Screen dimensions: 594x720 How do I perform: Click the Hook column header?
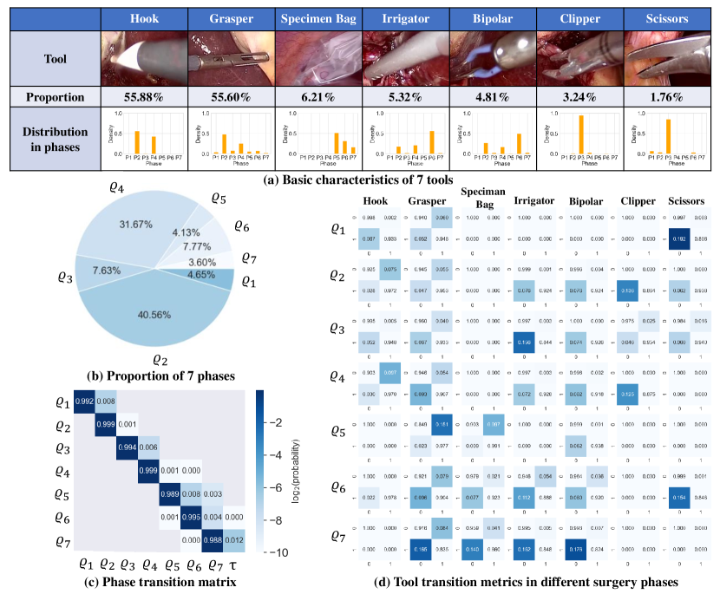pyautogui.click(x=144, y=17)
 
